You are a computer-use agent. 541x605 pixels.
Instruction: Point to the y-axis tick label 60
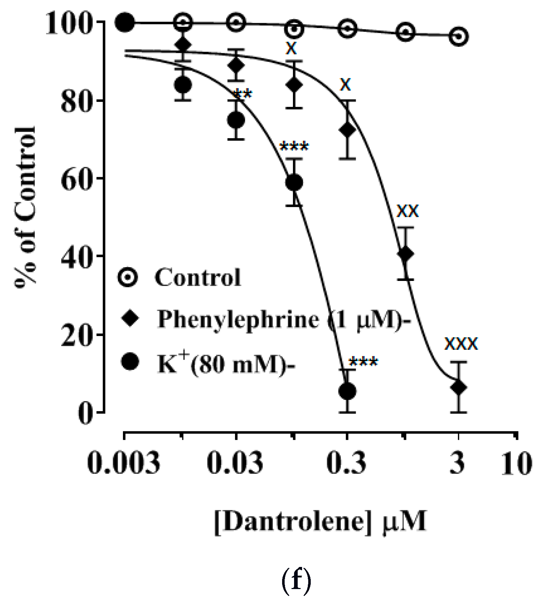pos(75,179)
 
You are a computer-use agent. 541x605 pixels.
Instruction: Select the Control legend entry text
pos(198,278)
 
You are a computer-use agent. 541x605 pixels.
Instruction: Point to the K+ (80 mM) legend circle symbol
pos(129,362)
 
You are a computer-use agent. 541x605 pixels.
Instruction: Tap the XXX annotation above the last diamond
pos(461,344)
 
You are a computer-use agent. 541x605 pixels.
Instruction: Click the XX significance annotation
pos(408,211)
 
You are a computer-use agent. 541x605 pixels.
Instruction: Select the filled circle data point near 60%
pos(294,182)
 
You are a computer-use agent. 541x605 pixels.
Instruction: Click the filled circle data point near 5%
pos(347,391)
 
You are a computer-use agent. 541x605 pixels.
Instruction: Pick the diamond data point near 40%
pos(405,254)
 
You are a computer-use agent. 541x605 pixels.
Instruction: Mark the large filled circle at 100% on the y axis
pos(125,22)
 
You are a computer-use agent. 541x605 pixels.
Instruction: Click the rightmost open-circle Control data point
pos(459,36)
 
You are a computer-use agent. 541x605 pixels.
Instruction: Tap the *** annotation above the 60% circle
pos(294,147)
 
